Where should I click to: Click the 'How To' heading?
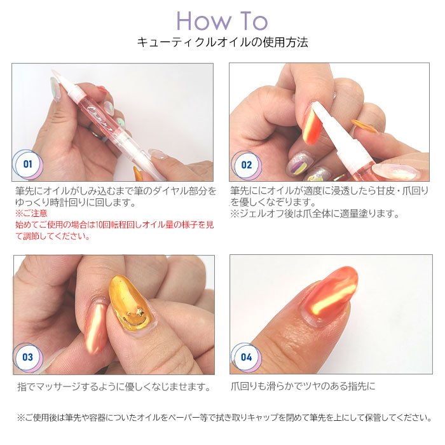[222, 20]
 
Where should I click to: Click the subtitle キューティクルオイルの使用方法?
[222, 43]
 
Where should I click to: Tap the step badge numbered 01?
[28, 164]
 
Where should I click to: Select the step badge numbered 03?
[28, 357]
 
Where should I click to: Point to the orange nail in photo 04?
[327, 296]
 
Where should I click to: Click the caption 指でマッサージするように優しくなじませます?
[113, 387]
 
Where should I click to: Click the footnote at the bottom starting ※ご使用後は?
[222, 418]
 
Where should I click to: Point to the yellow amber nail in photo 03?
[130, 305]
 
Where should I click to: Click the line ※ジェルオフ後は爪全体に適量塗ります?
[314, 214]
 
